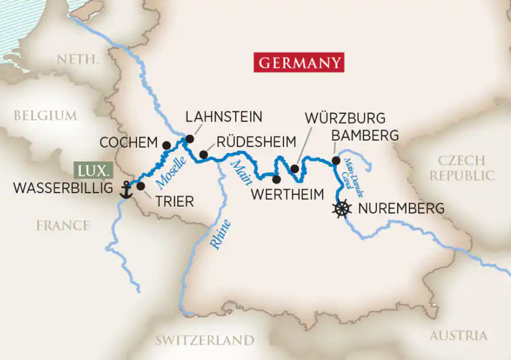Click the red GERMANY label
click(299, 62)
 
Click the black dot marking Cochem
click(167, 145)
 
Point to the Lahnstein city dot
click(190, 139)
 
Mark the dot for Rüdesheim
click(203, 155)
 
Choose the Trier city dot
click(141, 186)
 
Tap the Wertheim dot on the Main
click(277, 179)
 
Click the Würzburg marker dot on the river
click(294, 168)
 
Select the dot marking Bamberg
click(336, 161)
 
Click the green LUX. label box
click(94, 171)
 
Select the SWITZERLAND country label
click(205, 340)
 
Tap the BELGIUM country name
click(45, 115)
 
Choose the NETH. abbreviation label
click(79, 59)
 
